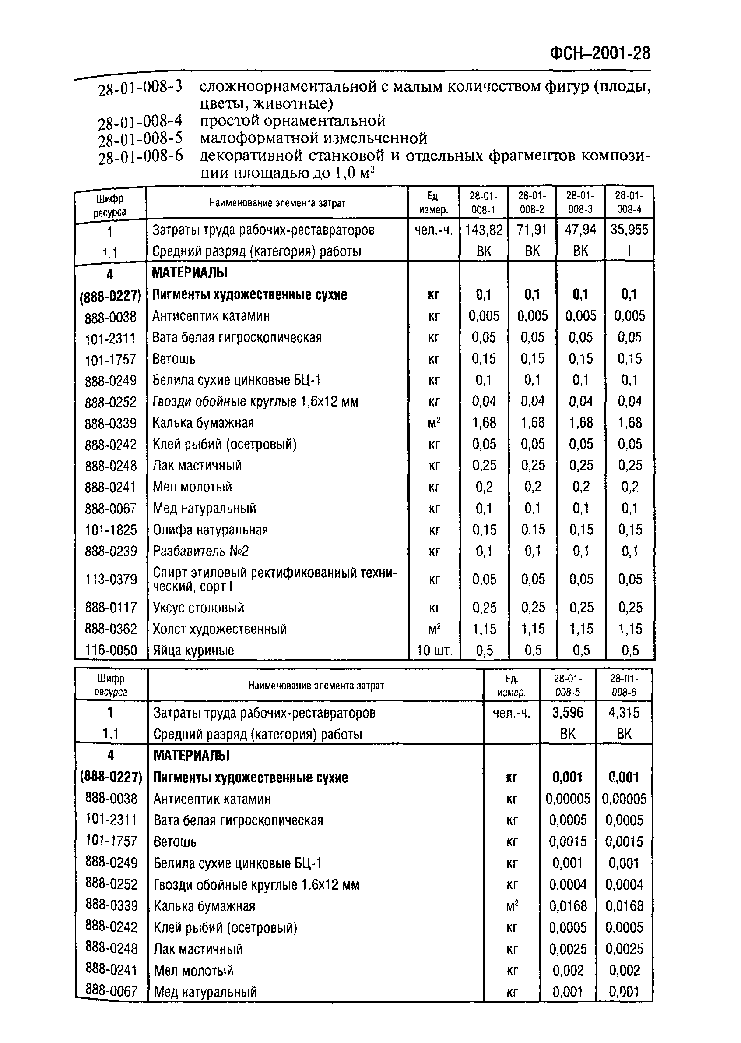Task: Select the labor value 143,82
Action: (483, 230)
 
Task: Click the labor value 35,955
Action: (629, 230)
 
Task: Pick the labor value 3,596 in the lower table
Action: (568, 713)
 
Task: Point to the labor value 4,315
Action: (624, 713)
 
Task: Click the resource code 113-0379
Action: (111, 580)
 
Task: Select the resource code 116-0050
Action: (111, 650)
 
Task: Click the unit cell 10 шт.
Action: (434, 650)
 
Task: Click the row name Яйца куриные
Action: (193, 650)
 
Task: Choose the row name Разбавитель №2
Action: (201, 551)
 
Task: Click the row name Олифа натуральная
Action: (211, 530)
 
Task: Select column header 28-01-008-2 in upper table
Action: (532, 203)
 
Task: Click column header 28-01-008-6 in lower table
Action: (624, 685)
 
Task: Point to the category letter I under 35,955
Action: (629, 251)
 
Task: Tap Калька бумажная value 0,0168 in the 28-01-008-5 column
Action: (568, 906)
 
